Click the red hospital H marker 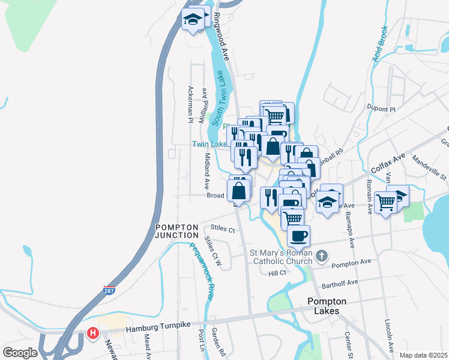point(92,333)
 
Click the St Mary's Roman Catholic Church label point(280,257)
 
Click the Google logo point(20,352)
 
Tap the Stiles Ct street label point(223,228)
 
